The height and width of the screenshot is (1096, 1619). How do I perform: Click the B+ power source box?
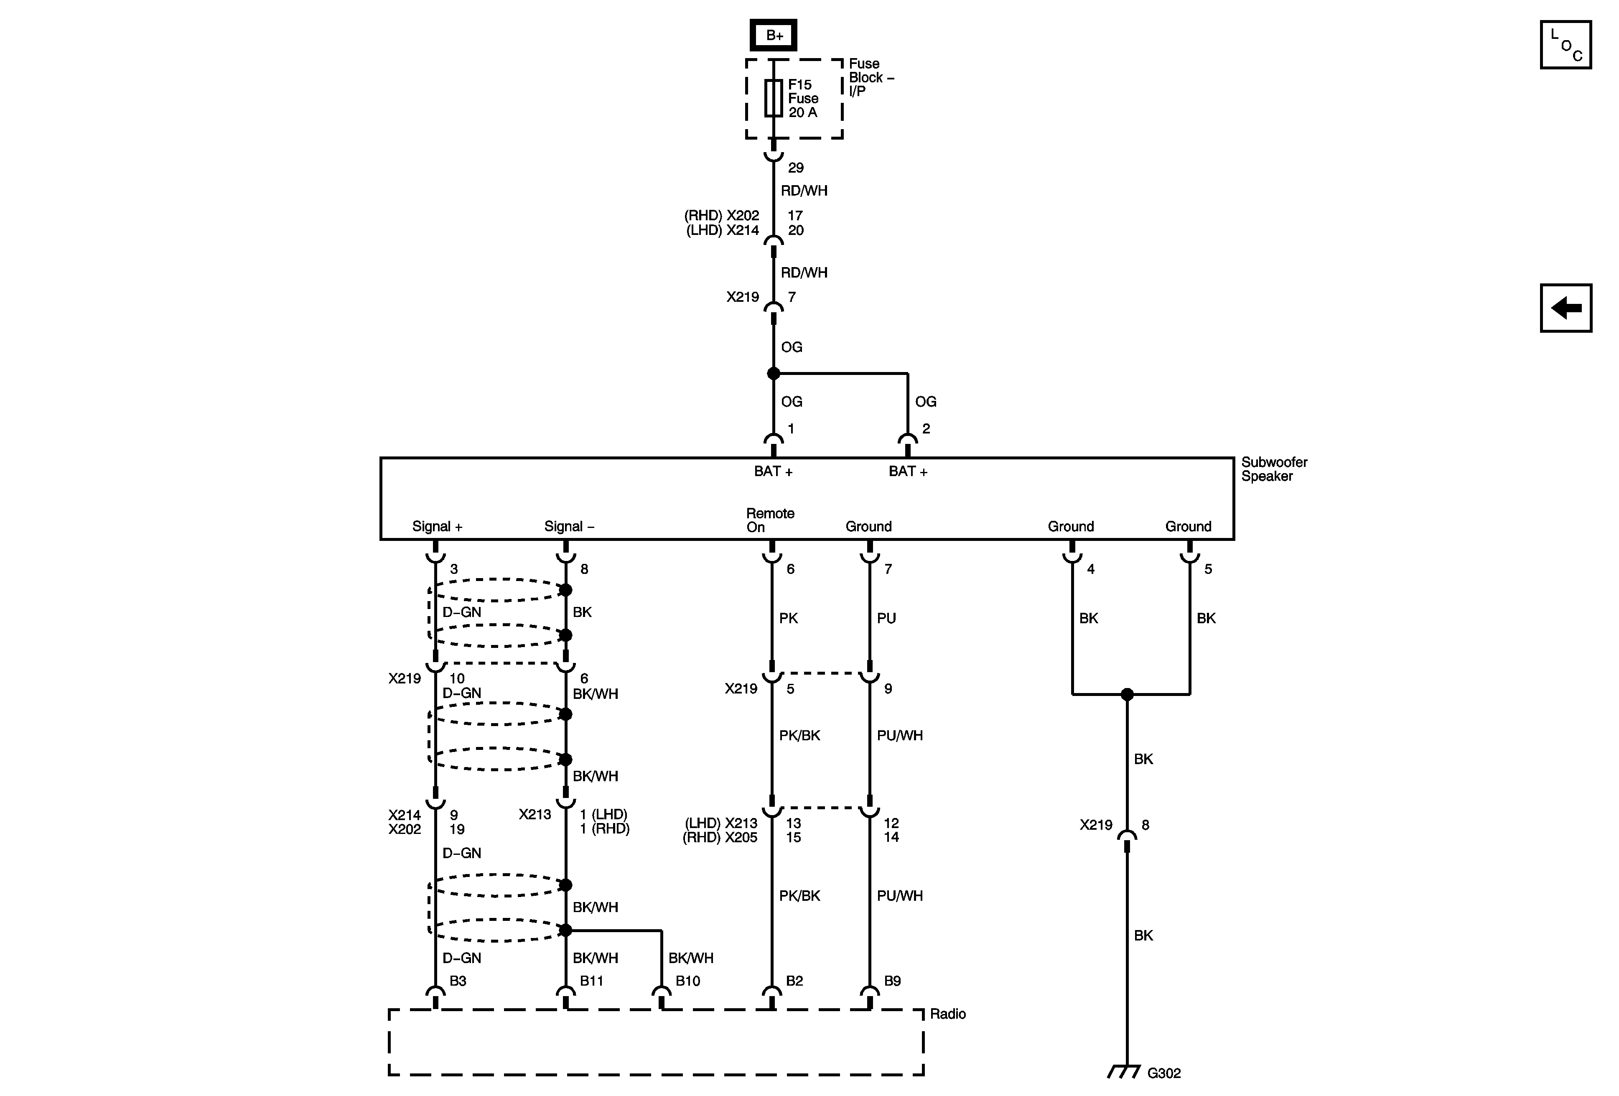(x=773, y=35)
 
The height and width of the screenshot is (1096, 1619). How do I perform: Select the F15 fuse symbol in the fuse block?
(x=773, y=97)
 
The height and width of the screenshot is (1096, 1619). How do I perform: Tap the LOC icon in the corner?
(x=1566, y=45)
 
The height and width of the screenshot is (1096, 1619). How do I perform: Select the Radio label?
(x=947, y=1014)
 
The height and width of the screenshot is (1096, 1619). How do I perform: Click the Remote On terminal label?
(x=770, y=520)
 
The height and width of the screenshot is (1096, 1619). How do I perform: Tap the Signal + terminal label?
(x=437, y=527)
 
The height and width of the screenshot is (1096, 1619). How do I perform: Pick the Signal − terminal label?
(x=568, y=527)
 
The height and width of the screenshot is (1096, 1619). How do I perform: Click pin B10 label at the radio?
(x=687, y=981)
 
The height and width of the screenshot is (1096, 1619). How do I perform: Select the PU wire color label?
(x=886, y=618)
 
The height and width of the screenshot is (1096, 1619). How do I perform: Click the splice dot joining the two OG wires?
(x=773, y=373)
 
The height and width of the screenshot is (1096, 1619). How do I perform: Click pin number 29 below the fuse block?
(x=796, y=168)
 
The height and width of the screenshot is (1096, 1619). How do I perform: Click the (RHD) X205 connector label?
(x=720, y=838)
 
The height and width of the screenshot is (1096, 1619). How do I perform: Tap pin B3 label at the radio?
(x=457, y=981)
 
